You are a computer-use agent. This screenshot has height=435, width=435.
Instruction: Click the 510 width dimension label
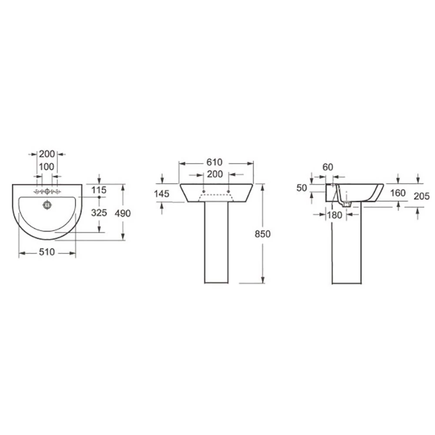(x=47, y=252)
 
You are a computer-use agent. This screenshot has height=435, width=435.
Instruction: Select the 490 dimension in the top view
(x=123, y=213)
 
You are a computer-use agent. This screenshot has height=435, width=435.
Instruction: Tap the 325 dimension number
(x=99, y=213)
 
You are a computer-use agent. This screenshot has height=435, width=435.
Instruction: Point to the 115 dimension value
(x=99, y=190)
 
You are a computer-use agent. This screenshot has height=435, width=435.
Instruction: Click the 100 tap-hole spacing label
(x=47, y=167)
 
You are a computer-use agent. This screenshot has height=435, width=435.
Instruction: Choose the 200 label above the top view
(x=47, y=154)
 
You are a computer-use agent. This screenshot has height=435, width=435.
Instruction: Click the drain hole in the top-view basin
(x=47, y=205)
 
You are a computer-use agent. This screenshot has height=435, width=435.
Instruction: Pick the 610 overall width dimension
(x=214, y=162)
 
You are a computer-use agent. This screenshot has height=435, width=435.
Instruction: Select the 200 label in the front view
(x=215, y=174)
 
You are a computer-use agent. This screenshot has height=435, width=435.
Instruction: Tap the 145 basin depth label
(x=161, y=194)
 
